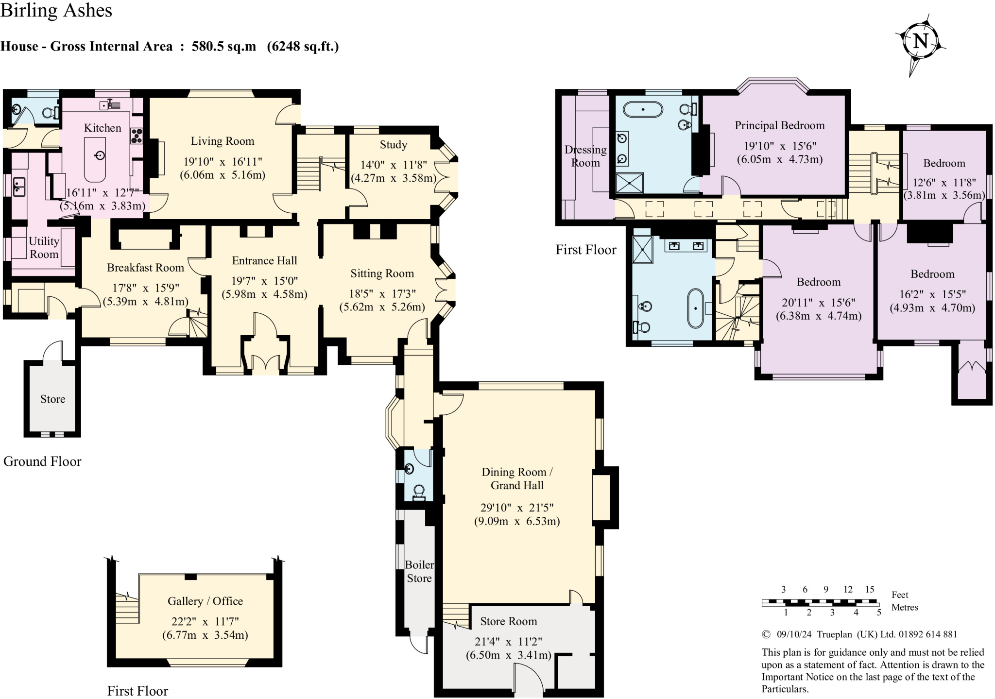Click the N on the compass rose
tap(921, 41)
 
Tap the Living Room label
tap(223, 141)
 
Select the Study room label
tap(394, 145)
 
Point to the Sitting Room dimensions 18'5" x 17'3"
tap(382, 293)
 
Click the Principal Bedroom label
tap(780, 125)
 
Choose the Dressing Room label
tap(585, 156)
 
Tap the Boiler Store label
tap(419, 571)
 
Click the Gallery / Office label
tap(205, 601)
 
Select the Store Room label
tap(509, 621)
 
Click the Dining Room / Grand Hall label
tap(517, 478)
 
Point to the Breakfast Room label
tap(145, 267)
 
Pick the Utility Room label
tap(44, 247)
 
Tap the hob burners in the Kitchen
tap(137, 136)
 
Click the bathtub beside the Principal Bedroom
tap(643, 109)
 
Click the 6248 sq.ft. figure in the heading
tap(303, 46)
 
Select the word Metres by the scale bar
tap(905, 607)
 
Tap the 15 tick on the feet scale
tap(870, 589)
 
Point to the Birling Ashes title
tap(56, 11)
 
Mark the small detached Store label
tap(52, 399)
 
